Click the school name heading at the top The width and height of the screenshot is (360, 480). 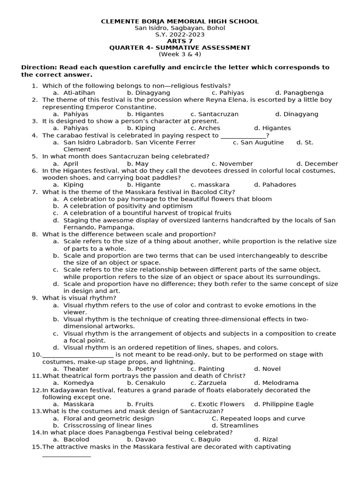pyautogui.click(x=180, y=22)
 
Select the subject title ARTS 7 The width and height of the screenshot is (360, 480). pyautogui.click(x=180, y=41)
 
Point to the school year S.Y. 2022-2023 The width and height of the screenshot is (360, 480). pyautogui.click(x=180, y=35)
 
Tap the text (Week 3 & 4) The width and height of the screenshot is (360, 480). pyautogui.click(x=180, y=54)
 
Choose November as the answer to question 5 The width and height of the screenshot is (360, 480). pyautogui.click(x=229, y=164)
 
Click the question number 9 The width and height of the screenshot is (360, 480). pyautogui.click(x=35, y=298)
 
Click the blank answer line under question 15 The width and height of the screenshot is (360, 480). pyautogui.click(x=67, y=455)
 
